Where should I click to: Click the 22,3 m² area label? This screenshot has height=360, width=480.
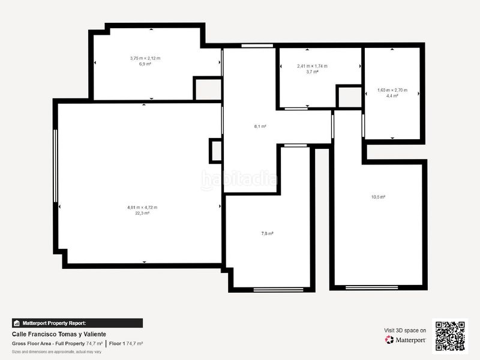tap(142, 212)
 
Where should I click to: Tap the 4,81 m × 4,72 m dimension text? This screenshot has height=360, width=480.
tap(142, 207)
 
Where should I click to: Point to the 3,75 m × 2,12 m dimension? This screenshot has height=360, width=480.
tap(145, 58)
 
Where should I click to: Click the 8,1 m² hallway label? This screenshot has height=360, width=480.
tap(260, 127)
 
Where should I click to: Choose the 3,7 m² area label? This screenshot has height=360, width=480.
tap(312, 71)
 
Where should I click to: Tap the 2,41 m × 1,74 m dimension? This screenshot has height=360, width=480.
tap(312, 66)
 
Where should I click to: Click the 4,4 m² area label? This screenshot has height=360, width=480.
tap(392, 95)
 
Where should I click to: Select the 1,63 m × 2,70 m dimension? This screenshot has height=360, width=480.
tap(392, 90)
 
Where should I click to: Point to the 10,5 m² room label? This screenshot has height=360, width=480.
tap(378, 197)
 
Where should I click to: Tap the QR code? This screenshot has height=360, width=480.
tap(450, 335)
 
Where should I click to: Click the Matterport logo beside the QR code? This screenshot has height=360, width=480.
tap(406, 340)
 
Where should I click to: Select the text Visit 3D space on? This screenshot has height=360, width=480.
tap(405, 330)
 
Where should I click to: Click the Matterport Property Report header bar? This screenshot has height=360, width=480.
tap(77, 323)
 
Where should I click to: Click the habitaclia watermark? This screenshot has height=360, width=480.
tap(240, 179)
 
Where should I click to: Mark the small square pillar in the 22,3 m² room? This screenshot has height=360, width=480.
tap(215, 151)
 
